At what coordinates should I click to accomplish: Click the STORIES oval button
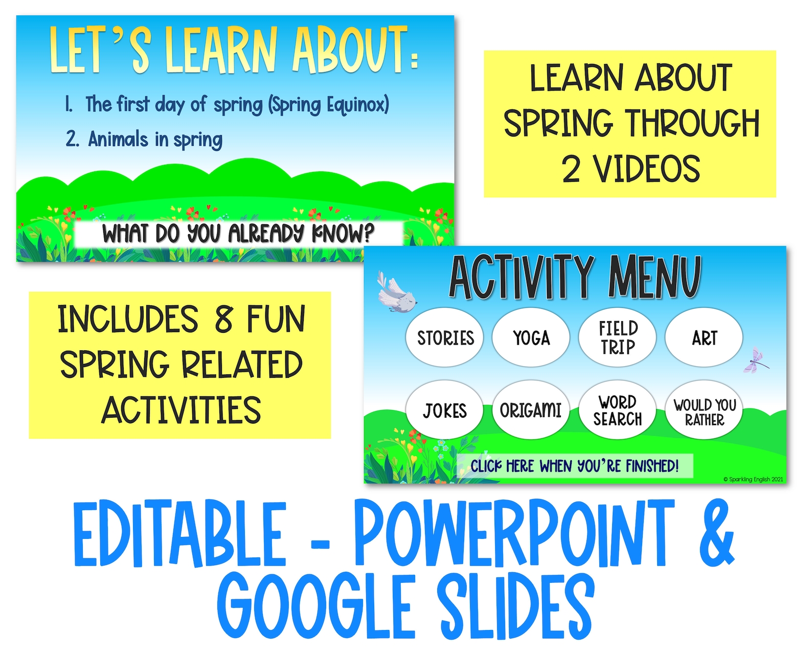(x=445, y=337)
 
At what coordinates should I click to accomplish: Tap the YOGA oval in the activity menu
(x=531, y=337)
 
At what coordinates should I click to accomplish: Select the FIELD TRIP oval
(x=617, y=337)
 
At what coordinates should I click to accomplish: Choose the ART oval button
(x=704, y=337)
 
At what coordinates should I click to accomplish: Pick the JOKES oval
(x=445, y=410)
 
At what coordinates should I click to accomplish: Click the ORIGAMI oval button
(x=531, y=410)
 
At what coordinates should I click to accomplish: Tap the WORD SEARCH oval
(x=617, y=410)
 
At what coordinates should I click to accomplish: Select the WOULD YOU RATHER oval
(x=704, y=410)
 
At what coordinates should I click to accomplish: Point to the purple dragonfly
(x=755, y=360)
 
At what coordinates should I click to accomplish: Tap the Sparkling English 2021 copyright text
(x=753, y=479)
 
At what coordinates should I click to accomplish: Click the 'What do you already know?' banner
(x=238, y=234)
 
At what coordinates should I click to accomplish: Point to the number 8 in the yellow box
(x=223, y=319)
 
